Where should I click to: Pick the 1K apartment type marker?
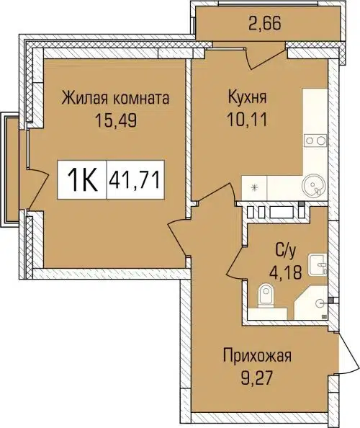(x=82, y=177)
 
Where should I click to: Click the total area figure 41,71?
(x=135, y=177)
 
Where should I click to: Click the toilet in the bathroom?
(x=266, y=296)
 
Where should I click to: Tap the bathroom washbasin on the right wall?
(x=318, y=265)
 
